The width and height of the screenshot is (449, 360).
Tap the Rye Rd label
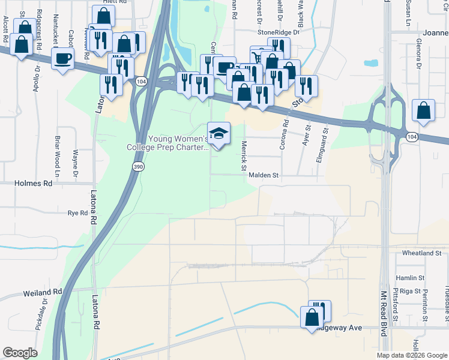[78, 213]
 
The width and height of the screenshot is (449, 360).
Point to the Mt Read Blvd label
[385, 309]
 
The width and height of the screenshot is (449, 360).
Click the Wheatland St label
[422, 253]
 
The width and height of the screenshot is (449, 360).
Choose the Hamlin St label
[410, 278]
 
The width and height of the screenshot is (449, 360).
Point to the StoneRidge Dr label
[278, 32]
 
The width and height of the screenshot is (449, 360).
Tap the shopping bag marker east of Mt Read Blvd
[424, 110]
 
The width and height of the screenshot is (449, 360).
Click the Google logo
[20, 353]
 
